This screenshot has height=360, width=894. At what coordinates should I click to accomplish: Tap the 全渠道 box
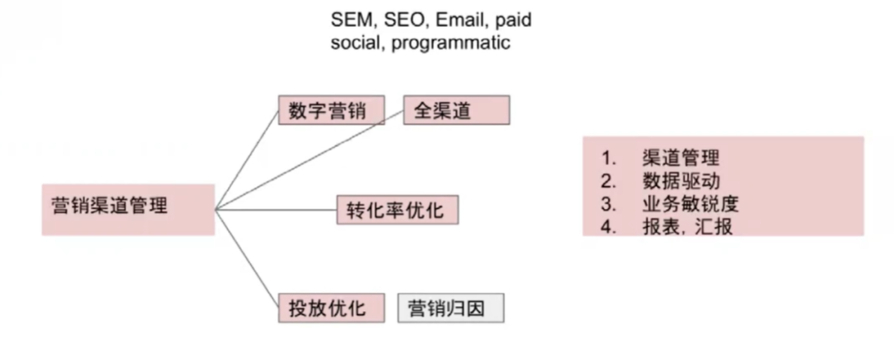pos(456,111)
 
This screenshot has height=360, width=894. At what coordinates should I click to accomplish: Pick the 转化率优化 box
pos(397,209)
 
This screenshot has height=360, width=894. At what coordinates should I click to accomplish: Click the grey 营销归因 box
pos(450,308)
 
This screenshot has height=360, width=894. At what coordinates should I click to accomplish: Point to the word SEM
pos(349,20)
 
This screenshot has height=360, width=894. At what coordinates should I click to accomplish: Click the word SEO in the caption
pos(402,20)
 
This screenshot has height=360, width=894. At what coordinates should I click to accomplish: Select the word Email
pos(459,20)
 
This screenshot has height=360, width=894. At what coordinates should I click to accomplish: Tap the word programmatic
pos(450,43)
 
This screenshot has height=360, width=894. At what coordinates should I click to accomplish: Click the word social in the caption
pos(355,43)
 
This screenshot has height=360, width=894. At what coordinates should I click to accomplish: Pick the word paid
pos(512,20)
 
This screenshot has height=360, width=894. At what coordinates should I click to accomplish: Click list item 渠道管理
pos(680,158)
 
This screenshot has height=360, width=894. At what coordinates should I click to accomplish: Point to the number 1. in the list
pos(610,158)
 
